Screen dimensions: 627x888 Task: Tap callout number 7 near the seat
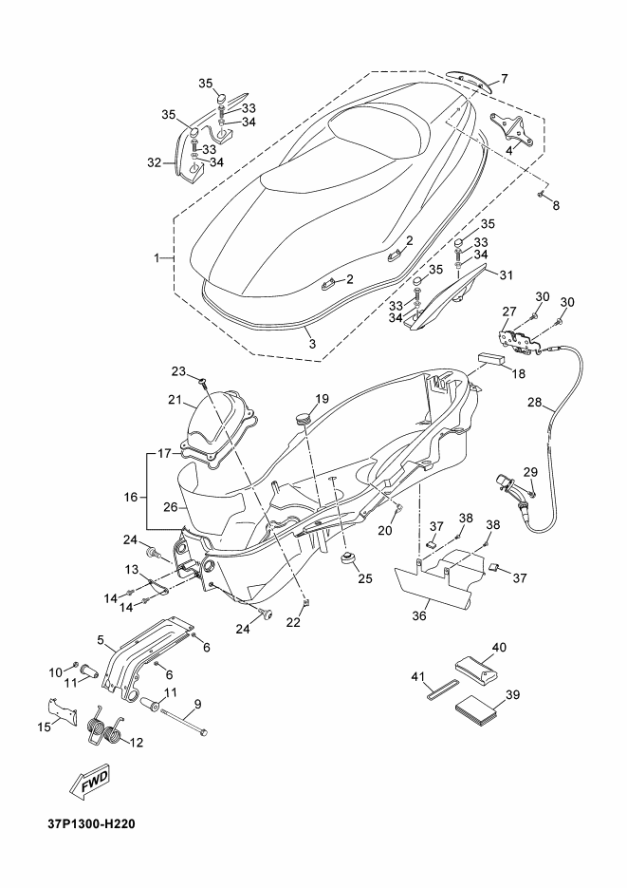(504, 78)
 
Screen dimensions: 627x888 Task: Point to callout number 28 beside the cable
(535, 403)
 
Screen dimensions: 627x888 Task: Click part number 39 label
(513, 694)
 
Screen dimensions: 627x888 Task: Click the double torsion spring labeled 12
(105, 726)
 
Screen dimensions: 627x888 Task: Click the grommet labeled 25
(348, 560)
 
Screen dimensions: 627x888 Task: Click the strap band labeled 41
(442, 690)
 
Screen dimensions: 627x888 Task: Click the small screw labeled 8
(541, 195)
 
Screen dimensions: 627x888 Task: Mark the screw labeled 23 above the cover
(202, 381)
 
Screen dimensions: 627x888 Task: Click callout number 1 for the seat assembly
(157, 258)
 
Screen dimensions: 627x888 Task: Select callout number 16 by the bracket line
(131, 497)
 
